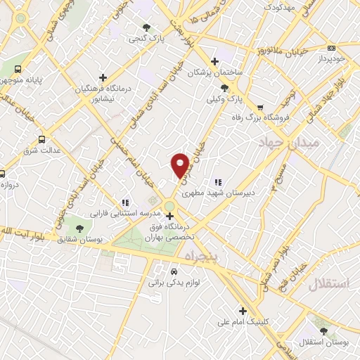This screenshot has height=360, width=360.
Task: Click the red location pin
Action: [x=180, y=164]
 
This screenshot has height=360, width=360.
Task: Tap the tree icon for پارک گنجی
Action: [x=146, y=27]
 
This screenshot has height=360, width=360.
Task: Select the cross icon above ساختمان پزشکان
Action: [x=215, y=60]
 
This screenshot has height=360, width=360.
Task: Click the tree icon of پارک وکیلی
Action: [x=224, y=88]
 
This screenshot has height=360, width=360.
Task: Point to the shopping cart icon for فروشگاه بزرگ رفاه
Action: [x=261, y=108]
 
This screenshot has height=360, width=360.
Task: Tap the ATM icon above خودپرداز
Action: [x=331, y=49]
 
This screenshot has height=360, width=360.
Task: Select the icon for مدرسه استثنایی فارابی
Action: [x=125, y=202]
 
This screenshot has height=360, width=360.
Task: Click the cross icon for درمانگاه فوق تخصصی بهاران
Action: [x=169, y=216]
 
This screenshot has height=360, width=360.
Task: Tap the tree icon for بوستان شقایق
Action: [x=79, y=229]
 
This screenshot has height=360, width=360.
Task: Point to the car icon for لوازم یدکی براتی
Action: [x=174, y=271]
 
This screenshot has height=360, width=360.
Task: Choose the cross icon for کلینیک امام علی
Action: [x=243, y=311]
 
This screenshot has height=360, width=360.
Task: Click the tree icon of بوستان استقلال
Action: [x=323, y=330]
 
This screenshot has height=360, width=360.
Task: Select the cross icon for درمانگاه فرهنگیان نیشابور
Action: [x=103, y=77]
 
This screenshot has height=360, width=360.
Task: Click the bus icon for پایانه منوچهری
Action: [x=18, y=70]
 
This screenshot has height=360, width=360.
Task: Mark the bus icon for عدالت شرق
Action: [x=42, y=139]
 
